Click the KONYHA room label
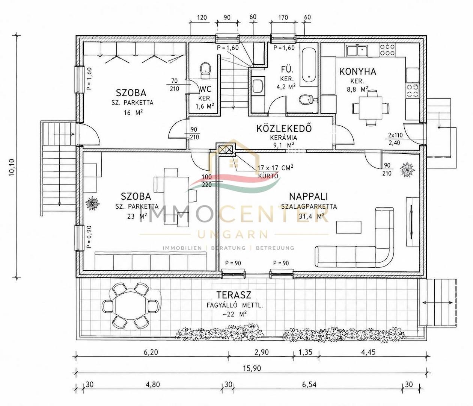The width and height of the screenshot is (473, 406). click(x=357, y=71)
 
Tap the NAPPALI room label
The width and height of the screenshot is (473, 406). click(x=309, y=196)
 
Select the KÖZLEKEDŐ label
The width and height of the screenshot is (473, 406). click(x=284, y=128)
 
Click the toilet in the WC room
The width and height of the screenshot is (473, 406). click(x=205, y=71)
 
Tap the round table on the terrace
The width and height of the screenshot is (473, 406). click(x=131, y=306)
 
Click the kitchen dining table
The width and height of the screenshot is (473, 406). click(x=371, y=108)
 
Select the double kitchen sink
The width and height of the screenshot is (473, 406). click(x=357, y=51)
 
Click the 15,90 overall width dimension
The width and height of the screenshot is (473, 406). click(x=252, y=368)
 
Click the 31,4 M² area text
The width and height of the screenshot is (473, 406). click(x=312, y=216)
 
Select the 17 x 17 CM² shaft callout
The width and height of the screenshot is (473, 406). click(x=275, y=168)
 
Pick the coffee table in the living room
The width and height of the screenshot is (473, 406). click(x=349, y=227)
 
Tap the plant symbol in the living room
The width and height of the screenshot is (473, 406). click(x=407, y=169)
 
